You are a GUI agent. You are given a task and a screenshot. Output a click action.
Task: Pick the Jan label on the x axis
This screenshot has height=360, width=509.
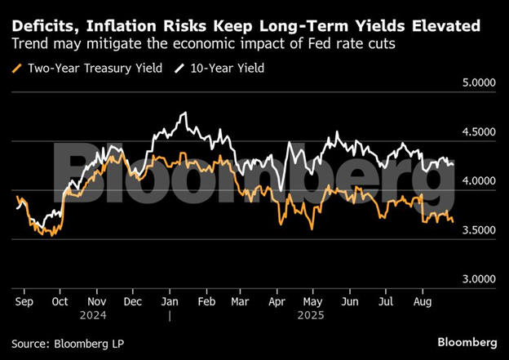tap(171, 301)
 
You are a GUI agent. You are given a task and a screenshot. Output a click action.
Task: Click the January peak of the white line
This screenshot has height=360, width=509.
tap(184, 113)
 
